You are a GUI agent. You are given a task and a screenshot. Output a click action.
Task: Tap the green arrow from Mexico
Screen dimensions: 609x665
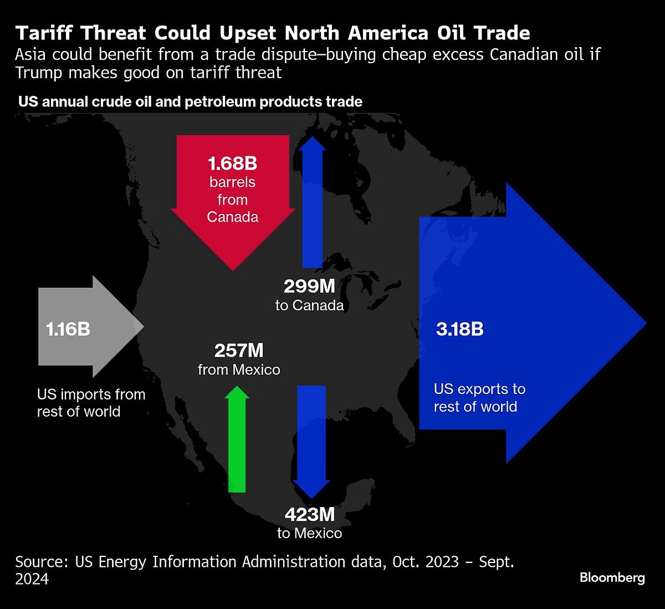pyautogui.click(x=237, y=443)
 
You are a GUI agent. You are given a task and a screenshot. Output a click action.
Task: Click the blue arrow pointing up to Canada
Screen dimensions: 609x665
pyautogui.click(x=313, y=205)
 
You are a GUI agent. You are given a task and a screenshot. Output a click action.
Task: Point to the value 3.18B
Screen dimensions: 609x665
pyautogui.click(x=459, y=329)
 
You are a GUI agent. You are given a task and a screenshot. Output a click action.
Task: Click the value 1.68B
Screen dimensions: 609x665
pyautogui.click(x=233, y=163)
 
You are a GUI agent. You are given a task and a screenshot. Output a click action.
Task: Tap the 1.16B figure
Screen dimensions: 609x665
pyautogui.click(x=68, y=329)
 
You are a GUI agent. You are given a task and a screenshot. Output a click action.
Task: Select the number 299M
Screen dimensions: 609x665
pyautogui.click(x=309, y=286)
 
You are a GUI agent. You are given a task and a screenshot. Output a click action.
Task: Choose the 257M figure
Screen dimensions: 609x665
pyautogui.click(x=239, y=351)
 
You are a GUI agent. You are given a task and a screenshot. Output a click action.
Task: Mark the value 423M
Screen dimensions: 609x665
pyautogui.click(x=309, y=515)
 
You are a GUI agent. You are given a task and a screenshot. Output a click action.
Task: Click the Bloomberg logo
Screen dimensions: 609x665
pyautogui.click(x=612, y=577)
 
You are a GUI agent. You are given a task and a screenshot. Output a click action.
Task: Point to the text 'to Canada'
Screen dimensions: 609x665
pyautogui.click(x=309, y=305)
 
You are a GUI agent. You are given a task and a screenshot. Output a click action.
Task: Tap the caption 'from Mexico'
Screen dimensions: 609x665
pyautogui.click(x=239, y=370)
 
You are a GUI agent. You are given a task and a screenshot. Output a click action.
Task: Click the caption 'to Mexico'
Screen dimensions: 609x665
pyautogui.click(x=309, y=533)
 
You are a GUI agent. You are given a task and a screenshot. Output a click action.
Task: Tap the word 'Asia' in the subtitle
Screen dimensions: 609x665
pyautogui.click(x=32, y=54)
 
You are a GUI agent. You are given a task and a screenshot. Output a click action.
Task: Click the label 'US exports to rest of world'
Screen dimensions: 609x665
pyautogui.click(x=479, y=398)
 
